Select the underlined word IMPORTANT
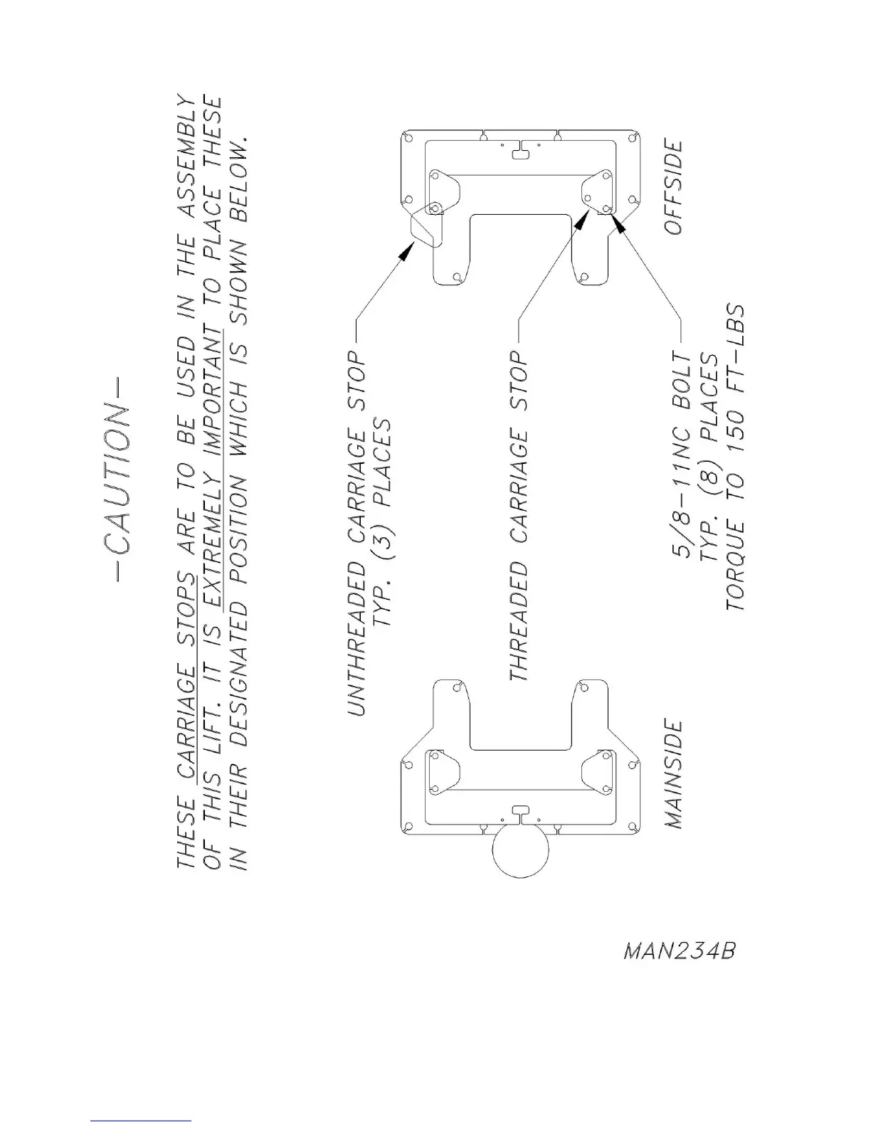214,403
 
